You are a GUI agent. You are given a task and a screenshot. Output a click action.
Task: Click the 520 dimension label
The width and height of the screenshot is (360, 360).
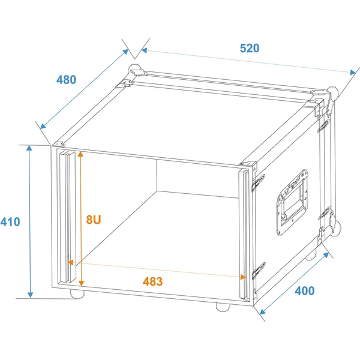(x=250, y=48)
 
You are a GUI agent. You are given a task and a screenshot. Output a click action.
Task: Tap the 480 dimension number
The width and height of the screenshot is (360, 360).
(x=66, y=80)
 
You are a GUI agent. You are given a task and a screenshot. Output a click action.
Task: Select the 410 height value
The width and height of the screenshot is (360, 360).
(x=10, y=222)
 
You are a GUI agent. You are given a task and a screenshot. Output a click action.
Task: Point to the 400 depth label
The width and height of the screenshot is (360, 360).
(x=304, y=290)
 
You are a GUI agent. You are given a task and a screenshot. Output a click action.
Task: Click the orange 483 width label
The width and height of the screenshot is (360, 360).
(x=152, y=281)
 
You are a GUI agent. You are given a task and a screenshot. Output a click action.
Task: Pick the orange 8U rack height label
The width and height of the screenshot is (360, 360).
(x=94, y=220)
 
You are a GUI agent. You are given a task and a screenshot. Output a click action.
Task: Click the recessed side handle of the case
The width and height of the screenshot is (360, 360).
(x=292, y=203)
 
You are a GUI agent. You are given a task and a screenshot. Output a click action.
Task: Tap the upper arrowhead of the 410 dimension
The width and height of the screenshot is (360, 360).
(x=29, y=148)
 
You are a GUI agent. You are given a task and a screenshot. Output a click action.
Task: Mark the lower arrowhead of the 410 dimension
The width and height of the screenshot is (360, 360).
(x=31, y=295)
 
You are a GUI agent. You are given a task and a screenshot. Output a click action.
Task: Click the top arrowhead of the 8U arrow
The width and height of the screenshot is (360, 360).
(x=80, y=154)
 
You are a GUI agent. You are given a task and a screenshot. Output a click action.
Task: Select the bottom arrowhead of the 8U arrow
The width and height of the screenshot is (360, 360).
(x=81, y=283)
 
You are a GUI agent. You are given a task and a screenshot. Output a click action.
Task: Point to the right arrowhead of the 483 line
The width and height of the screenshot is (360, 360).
(x=243, y=277)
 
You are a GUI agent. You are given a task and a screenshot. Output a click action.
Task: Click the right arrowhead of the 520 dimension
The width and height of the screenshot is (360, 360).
(x=353, y=73)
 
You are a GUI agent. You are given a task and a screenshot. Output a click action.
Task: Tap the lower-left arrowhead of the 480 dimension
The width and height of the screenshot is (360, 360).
(x=43, y=126)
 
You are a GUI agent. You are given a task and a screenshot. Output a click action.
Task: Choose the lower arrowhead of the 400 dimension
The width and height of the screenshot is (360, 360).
(x=262, y=312)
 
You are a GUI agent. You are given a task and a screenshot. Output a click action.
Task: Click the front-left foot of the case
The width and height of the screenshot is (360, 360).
(x=77, y=294)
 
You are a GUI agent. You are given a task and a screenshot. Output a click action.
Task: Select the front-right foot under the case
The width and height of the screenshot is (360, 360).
(x=223, y=307)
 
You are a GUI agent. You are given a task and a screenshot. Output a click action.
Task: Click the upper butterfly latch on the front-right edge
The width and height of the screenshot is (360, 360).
(x=258, y=182)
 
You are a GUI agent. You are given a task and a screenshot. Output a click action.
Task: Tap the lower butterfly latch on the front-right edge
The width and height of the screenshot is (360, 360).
(x=259, y=271)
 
